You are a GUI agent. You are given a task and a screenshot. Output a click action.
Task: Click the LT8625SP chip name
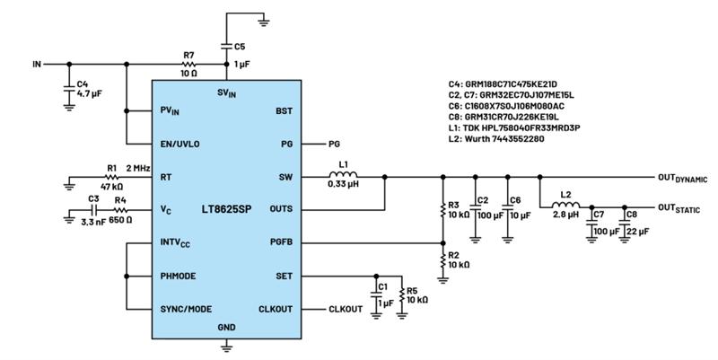point(226,210)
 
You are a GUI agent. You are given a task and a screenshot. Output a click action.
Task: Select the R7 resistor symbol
point(188,64)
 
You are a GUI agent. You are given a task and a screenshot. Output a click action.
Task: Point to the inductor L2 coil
point(566,203)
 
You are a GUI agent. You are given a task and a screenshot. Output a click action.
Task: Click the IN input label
point(37,65)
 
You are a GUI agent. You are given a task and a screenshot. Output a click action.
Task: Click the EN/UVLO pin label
point(179,144)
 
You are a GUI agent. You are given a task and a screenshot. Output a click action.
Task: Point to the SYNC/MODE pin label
point(187,308)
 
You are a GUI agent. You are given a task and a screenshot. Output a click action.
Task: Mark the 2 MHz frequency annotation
point(137,168)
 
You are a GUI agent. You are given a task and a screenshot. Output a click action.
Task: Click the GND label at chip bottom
point(227,328)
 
